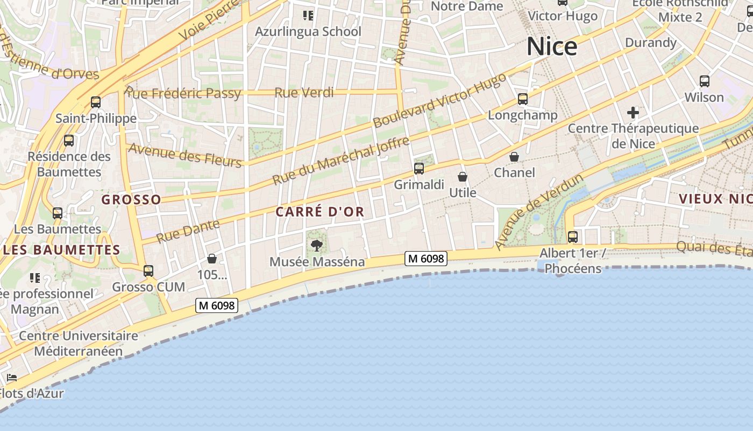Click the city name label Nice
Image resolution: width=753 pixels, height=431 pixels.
click(552, 46)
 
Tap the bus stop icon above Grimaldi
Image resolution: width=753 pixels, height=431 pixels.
click(419, 169)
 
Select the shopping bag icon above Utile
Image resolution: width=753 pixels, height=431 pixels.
click(462, 176)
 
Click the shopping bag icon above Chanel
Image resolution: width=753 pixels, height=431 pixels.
click(514, 157)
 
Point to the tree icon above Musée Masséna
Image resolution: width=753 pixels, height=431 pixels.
click(317, 246)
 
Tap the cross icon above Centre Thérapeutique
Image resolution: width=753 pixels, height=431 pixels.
click(633, 113)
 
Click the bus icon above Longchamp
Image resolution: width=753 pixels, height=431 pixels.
click(523, 99)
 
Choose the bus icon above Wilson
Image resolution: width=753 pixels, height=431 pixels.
click(704, 81)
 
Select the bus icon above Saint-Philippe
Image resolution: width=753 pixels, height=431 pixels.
click(96, 102)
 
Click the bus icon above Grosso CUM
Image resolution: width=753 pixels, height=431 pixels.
click(148, 271)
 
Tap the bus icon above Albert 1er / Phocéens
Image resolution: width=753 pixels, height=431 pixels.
click(573, 237)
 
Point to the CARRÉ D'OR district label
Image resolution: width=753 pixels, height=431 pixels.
click(320, 212)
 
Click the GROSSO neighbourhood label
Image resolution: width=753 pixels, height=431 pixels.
click(131, 199)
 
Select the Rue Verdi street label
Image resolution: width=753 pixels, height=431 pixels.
click(304, 93)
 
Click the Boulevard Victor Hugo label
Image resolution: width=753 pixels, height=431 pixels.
click(439, 101)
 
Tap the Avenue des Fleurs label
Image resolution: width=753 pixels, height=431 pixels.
click(185, 155)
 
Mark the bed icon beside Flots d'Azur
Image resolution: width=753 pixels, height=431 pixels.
click(11, 378)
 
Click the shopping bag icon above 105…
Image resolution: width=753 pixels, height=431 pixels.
click(212, 259)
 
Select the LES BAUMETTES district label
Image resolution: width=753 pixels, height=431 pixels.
click(61, 250)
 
